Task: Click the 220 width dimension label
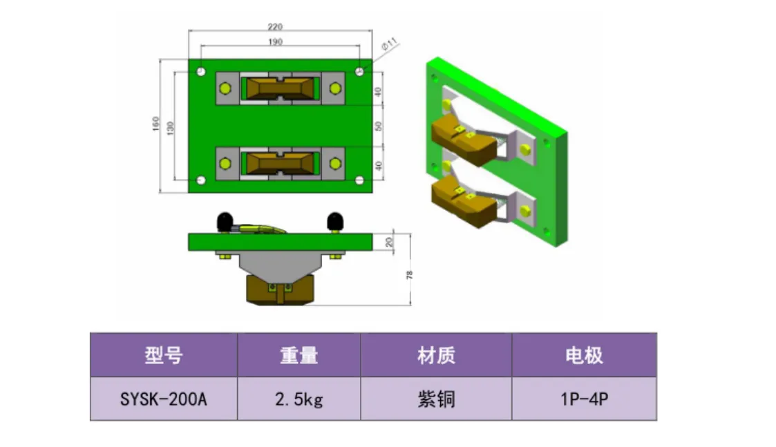tap(274, 27)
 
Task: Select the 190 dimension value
tap(274, 41)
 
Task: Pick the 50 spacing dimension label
tap(378, 127)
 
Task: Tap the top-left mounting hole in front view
tap(200, 71)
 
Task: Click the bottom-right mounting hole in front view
tap(359, 181)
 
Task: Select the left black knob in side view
tap(225, 222)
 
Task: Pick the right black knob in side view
tap(335, 222)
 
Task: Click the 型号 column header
tap(164, 356)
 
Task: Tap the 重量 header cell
tap(299, 356)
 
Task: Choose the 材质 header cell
tap(436, 356)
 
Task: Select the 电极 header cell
tap(584, 356)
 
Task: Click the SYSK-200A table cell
tap(164, 399)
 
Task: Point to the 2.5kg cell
tap(299, 399)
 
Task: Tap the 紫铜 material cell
tap(436, 399)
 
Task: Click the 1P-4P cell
tap(584, 399)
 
